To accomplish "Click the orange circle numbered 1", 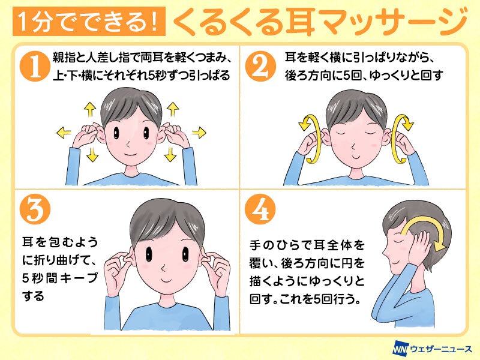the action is tap(35, 66).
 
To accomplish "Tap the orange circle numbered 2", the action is tap(260, 66).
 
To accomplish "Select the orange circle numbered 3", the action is tap(35, 209).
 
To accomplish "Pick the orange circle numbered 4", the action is tap(260, 209).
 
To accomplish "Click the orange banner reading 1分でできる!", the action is tap(89, 22).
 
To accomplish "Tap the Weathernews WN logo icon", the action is tap(400, 349).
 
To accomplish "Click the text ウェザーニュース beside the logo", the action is tap(441, 349).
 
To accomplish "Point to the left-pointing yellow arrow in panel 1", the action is tap(64, 133).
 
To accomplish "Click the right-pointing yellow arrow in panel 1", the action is tap(199, 132).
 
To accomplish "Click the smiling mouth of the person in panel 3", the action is tap(167, 280).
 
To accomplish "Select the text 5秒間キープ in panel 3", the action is tap(60, 278).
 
